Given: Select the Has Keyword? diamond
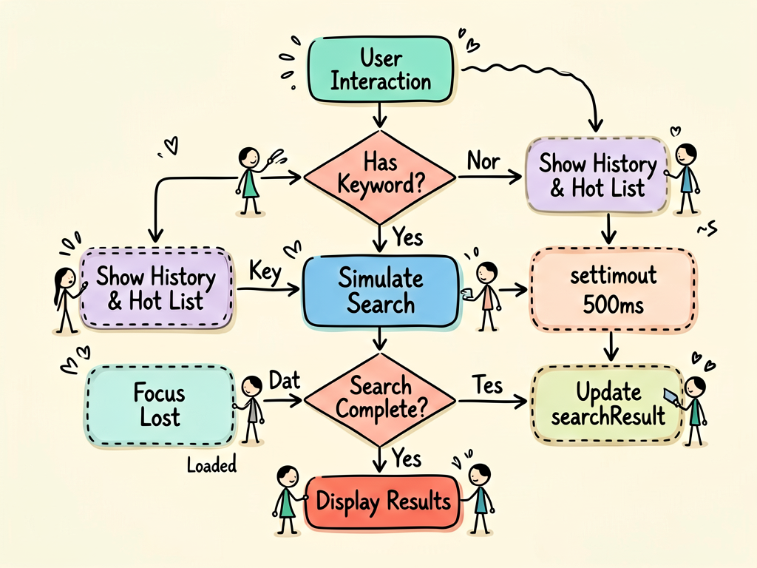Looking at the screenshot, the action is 381,177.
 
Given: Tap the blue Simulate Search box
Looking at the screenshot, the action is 381,291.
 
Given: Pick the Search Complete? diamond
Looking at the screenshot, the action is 381,400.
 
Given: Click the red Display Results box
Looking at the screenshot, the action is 383,502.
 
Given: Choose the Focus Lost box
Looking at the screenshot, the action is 160,405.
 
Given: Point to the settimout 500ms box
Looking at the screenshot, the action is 613,290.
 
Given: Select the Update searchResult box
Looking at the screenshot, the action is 608,405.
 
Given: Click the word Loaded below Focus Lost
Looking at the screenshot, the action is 211,465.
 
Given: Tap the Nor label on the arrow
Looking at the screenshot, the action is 483,160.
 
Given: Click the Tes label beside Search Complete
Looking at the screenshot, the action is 487,385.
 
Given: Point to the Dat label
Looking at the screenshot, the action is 285,381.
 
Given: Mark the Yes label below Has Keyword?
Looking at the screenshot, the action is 408,237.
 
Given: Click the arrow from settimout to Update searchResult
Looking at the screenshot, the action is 611,346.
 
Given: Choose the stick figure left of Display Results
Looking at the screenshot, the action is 288,500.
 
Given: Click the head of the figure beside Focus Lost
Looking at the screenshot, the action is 251,386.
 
